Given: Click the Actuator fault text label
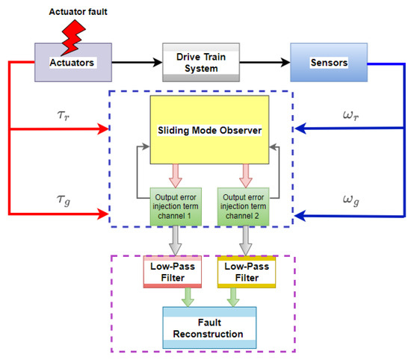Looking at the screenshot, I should pyautogui.click(x=78, y=13).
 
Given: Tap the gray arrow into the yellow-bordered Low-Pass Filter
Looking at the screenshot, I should pyautogui.click(x=244, y=240).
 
